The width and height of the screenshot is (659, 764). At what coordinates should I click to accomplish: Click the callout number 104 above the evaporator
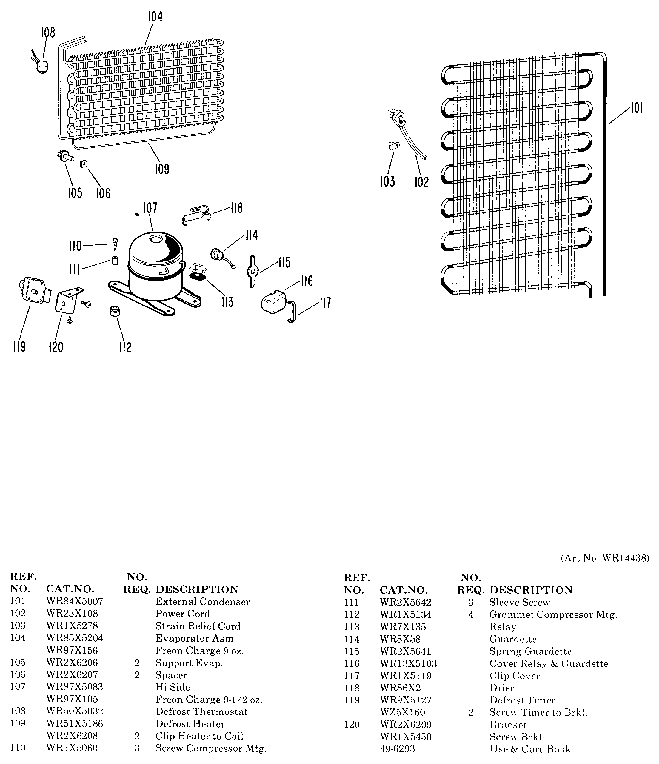click(155, 17)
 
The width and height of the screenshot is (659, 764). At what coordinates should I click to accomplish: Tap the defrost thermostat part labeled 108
click(42, 67)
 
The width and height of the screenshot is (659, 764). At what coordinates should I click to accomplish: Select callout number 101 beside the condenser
click(636, 108)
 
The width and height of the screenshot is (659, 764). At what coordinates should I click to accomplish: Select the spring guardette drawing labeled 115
click(252, 271)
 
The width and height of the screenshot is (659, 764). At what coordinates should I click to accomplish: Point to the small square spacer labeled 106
click(84, 164)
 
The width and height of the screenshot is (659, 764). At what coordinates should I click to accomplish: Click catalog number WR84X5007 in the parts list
click(75, 601)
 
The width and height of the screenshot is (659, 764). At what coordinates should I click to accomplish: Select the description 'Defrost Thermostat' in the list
click(201, 711)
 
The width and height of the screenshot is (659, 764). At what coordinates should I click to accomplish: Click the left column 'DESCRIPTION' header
click(197, 589)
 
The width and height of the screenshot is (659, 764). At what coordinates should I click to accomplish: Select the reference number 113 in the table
click(352, 627)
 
